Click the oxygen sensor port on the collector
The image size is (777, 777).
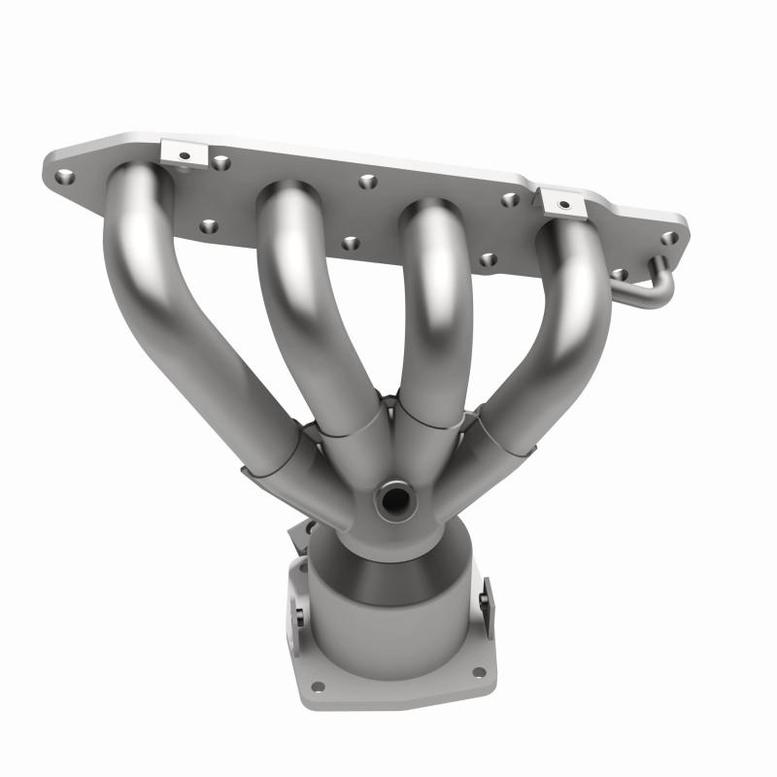point(395,499)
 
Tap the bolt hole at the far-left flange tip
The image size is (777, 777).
point(65,177)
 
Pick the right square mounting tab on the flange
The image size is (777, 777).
point(561,201)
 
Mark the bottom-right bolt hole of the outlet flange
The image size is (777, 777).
point(477,671)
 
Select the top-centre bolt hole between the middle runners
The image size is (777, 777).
point(367,182)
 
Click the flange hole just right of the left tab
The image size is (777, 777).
point(221,162)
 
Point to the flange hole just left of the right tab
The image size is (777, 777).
point(510,200)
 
